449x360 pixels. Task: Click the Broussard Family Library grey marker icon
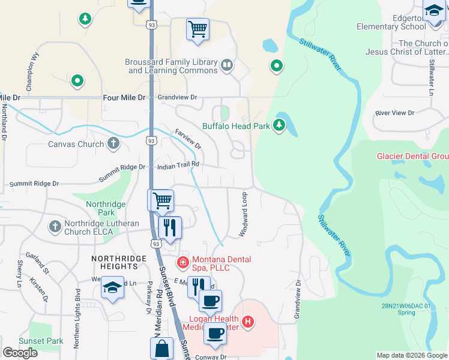[227, 65]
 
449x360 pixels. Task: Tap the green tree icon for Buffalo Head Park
[279, 125]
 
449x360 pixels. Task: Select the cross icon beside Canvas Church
[113, 143]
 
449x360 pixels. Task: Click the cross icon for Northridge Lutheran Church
[55, 227]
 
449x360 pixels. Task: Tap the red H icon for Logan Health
[248, 322]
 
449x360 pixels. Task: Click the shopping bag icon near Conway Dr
[162, 349]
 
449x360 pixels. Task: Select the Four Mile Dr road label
[125, 97]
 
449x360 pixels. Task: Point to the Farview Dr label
[188, 139]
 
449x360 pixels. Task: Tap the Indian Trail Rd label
[178, 164]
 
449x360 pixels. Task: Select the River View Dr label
[394, 113]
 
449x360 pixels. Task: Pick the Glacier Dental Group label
[412, 156]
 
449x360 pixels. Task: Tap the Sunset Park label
[41, 341]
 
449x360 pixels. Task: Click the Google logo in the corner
[20, 353]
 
